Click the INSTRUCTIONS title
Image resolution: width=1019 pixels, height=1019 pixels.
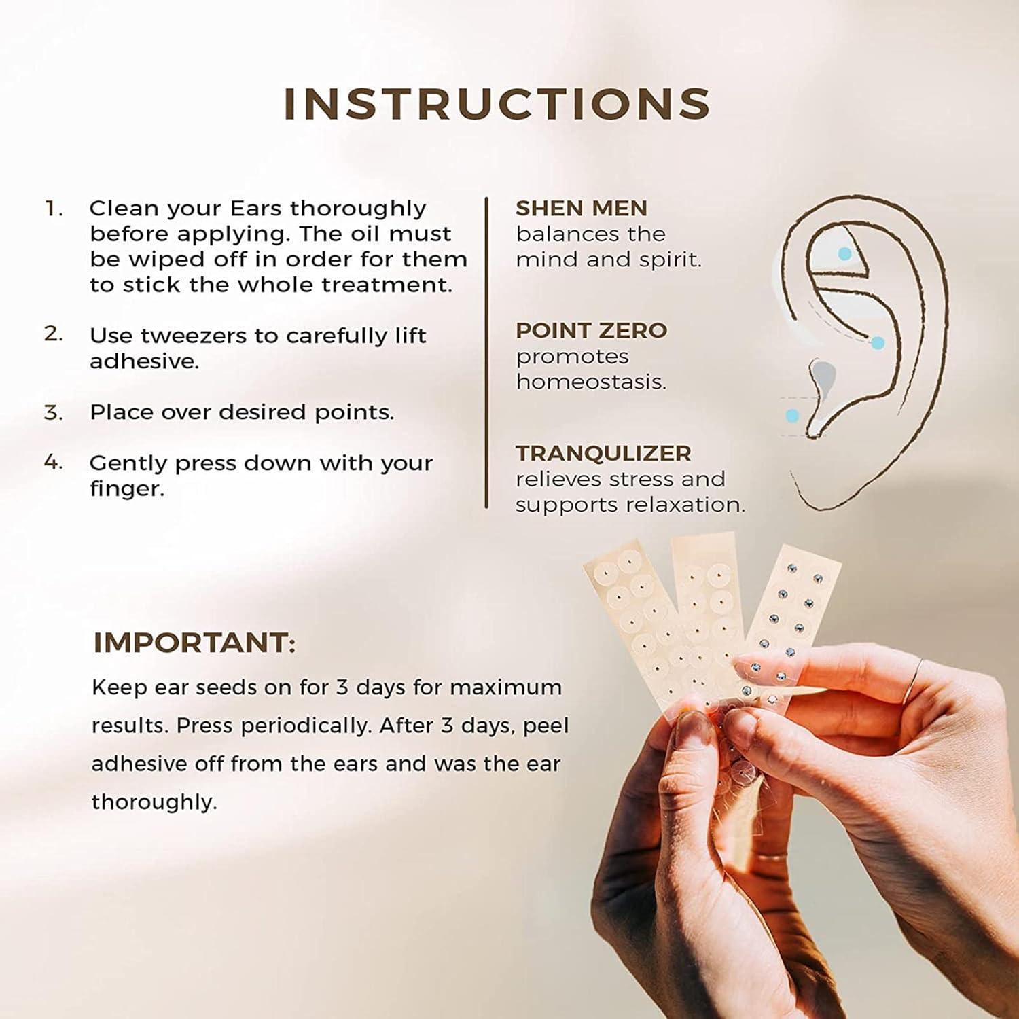point(497,104)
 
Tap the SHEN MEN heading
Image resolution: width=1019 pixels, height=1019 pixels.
point(581,208)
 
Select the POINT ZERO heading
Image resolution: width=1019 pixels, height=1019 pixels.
point(591,330)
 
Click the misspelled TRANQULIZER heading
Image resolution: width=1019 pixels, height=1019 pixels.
point(603,453)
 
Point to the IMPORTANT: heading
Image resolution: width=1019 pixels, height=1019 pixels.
point(194,643)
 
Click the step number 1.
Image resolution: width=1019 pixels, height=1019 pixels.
point(53,208)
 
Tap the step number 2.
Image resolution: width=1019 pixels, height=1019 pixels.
point(53,334)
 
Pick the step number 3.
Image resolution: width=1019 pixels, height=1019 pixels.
point(53,412)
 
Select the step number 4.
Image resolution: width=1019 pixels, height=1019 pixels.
point(53,463)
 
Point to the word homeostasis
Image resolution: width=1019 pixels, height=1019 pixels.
point(590,382)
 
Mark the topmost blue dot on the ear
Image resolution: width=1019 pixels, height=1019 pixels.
point(844,254)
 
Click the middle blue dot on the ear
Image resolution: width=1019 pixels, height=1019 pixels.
point(878,343)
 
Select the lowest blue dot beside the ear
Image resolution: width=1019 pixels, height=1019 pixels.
point(792,415)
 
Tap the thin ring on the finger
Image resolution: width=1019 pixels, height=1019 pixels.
point(917,676)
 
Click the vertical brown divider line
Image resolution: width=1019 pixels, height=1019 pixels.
point(486,353)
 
